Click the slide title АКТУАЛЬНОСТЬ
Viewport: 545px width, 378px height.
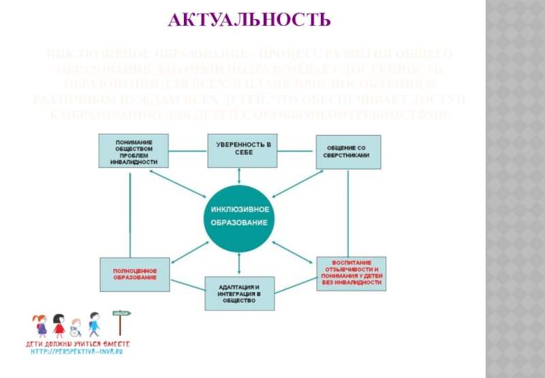249,19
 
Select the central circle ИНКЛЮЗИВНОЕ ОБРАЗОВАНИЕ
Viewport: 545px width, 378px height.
238,216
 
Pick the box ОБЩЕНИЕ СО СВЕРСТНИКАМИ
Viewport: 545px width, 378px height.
347,151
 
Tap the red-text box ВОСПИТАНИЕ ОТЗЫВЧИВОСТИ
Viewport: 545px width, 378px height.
351,274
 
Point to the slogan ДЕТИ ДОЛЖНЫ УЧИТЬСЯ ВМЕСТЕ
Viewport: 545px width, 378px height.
77,343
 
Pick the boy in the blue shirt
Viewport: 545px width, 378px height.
93,325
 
